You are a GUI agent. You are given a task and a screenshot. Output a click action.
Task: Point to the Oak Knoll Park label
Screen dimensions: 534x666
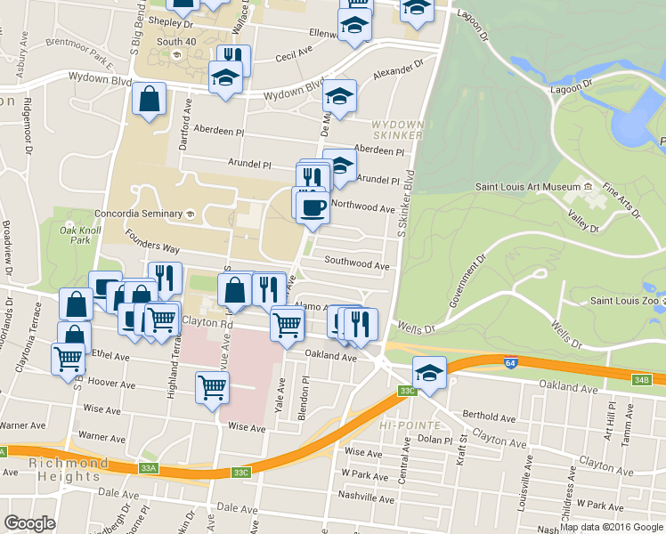pyautogui.click(x=75, y=235)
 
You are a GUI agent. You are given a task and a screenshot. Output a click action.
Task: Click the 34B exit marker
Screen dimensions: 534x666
pyautogui.click(x=642, y=380)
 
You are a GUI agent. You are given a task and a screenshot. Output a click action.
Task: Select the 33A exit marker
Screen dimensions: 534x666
pyautogui.click(x=148, y=466)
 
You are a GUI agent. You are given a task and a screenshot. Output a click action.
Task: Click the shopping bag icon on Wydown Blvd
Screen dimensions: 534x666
pyautogui.click(x=150, y=100)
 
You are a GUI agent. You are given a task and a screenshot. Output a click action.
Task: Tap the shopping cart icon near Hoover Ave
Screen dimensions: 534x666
pyautogui.click(x=212, y=387)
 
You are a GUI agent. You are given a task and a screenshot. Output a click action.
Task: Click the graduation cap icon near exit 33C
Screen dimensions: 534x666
pyautogui.click(x=429, y=372)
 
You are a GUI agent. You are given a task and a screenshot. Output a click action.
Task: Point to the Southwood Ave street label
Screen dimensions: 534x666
pyautogui.click(x=356, y=264)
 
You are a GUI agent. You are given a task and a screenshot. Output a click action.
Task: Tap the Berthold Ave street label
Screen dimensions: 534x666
pyautogui.click(x=490, y=417)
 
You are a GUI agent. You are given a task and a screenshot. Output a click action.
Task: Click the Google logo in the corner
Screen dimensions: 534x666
pyautogui.click(x=29, y=523)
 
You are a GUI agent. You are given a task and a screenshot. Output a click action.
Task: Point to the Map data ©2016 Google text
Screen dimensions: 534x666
pyautogui.click(x=611, y=527)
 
